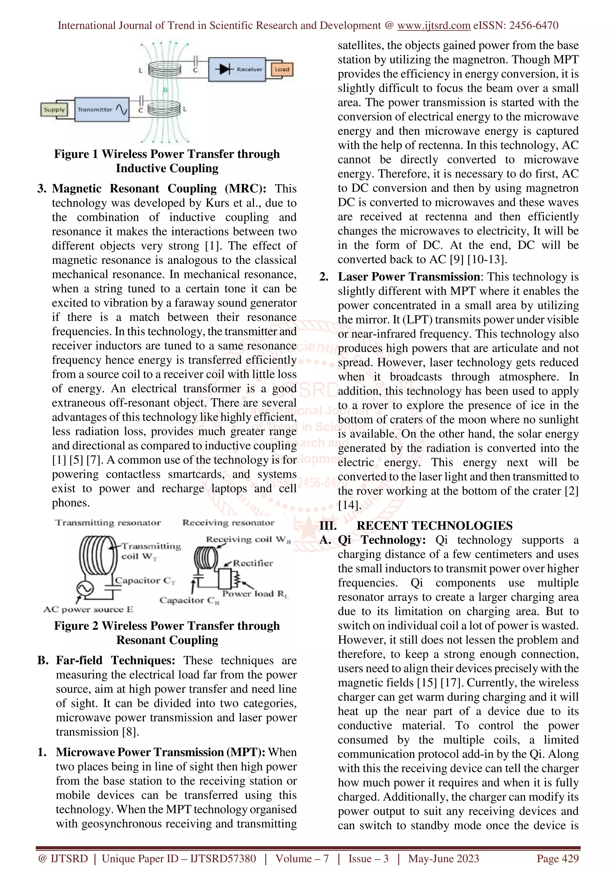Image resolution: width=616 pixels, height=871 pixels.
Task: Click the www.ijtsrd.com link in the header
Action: pyautogui.click(x=433, y=26)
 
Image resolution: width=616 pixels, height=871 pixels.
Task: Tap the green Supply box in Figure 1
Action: pyautogui.click(x=54, y=110)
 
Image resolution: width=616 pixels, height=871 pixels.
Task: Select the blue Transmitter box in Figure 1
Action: pyautogui.click(x=102, y=109)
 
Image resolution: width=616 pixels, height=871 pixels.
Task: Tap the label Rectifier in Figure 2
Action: pyautogui.click(x=253, y=563)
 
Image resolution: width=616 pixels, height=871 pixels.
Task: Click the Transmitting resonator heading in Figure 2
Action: pyautogui.click(x=108, y=523)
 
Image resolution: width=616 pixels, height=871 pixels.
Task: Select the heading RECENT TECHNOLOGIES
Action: pyautogui.click(x=434, y=525)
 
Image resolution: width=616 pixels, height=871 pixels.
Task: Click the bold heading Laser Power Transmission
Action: pyautogui.click(x=409, y=277)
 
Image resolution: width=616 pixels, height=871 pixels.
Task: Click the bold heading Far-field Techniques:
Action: pyautogui.click(x=115, y=660)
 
